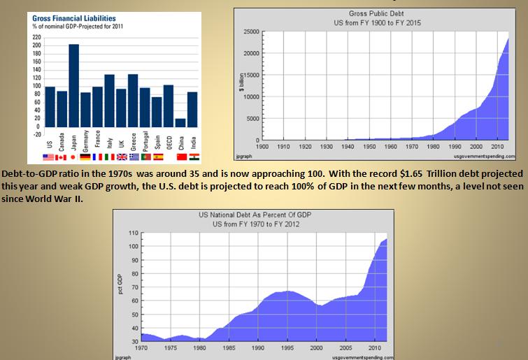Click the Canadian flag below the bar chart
coord(61,157)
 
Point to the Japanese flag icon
coord(73,157)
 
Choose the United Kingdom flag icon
coord(121,157)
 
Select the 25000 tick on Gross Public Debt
coord(250,32)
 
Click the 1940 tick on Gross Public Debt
coord(348,147)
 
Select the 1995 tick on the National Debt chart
coord(288,347)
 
